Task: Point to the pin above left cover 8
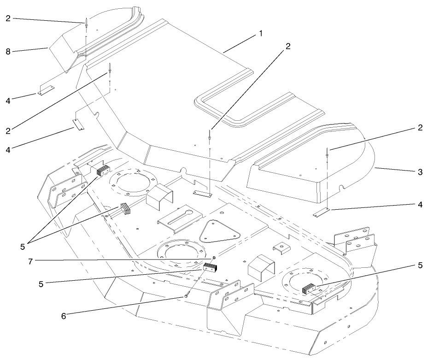86,23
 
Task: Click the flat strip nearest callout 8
46,90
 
